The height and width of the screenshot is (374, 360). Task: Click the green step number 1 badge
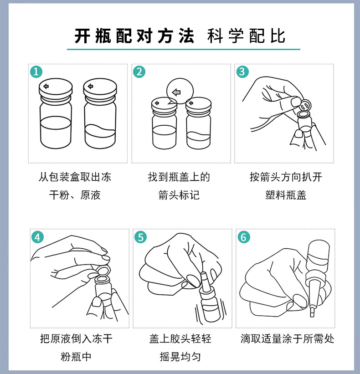(x=36, y=72)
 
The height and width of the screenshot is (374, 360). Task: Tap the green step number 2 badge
(x=139, y=72)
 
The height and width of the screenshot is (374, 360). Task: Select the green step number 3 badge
(x=242, y=72)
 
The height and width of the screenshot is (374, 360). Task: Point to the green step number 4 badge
(x=38, y=237)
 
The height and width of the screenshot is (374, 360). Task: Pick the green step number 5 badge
(x=140, y=237)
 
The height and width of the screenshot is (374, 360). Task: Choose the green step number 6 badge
(x=244, y=237)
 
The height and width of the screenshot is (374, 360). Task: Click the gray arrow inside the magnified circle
(x=176, y=92)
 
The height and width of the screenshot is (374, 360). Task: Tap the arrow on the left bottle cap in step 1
(x=46, y=86)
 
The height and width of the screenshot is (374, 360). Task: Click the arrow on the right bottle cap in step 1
(x=90, y=86)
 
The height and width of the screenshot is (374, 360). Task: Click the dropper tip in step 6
(x=312, y=313)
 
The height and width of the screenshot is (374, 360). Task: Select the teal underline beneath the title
(x=184, y=49)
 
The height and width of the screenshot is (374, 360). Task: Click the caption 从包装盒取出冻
(x=75, y=177)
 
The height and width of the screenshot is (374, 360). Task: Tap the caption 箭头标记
(x=179, y=195)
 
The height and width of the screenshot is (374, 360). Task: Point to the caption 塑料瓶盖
(x=286, y=195)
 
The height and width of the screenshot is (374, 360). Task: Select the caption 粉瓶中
(x=76, y=357)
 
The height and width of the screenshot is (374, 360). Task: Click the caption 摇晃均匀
(x=180, y=357)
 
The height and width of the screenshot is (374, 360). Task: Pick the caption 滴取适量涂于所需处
(x=287, y=339)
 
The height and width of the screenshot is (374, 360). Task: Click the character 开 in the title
(x=82, y=36)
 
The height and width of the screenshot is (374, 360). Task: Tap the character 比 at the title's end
(x=278, y=36)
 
